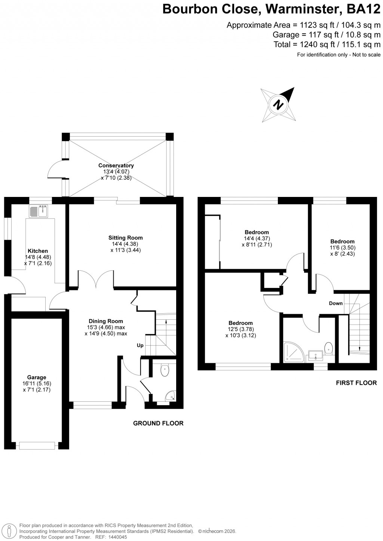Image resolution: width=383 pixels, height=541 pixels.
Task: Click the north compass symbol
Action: coord(278,104)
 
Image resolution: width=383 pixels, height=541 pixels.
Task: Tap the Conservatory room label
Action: coord(116,165)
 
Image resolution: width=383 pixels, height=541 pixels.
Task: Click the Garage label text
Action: coord(36,377)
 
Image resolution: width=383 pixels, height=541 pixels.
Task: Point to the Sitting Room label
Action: coord(125,238)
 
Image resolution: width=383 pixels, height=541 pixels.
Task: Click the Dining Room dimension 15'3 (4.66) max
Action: coord(106,327)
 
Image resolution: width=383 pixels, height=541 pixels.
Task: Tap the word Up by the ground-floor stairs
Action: coord(140,346)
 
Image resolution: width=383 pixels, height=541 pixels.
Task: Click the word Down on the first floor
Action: coord(335,303)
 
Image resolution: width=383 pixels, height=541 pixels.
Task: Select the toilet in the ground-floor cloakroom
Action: coord(165,370)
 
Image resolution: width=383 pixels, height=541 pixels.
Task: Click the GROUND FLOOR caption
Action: coord(158,423)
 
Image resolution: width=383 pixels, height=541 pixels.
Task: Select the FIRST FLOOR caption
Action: coord(356,383)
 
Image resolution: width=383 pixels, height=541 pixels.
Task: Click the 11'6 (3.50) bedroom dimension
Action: coord(342,247)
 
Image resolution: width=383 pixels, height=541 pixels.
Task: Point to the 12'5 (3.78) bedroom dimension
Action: coord(240,329)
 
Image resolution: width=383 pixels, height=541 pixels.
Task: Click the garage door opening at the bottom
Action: coord(37,446)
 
